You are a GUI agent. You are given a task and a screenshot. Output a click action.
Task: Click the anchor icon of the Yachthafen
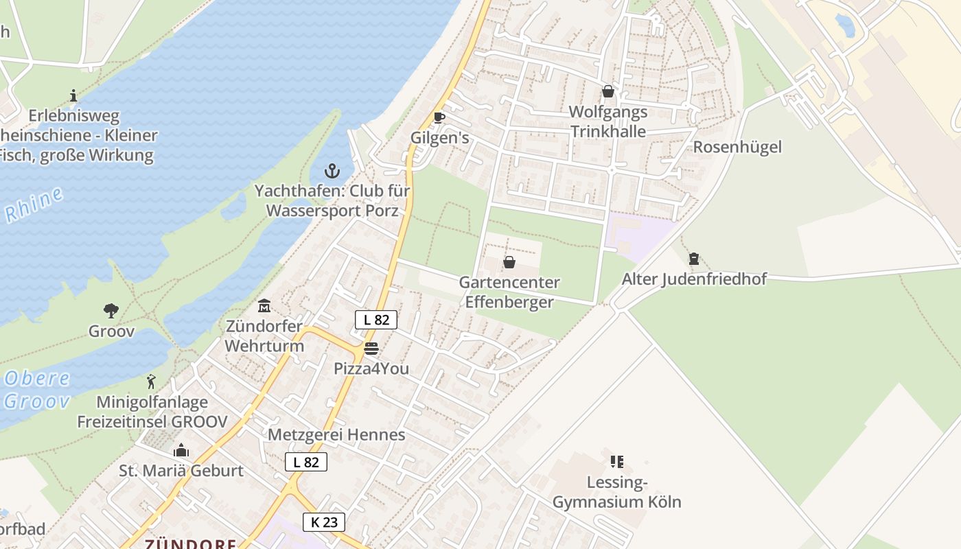pos(332,171)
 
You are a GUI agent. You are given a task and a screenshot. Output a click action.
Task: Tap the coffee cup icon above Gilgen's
pos(439,118)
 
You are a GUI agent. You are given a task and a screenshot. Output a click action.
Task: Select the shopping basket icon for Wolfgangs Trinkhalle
pos(607,91)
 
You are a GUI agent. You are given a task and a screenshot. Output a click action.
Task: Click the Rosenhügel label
pos(737,147)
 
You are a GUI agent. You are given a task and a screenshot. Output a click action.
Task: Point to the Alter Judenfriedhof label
pos(694,279)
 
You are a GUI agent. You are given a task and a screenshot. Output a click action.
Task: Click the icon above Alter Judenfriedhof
pos(693,259)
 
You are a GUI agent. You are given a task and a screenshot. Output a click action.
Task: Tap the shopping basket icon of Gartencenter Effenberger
pos(509,262)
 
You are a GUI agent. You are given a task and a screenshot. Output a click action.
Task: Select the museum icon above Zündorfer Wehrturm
pos(264,305)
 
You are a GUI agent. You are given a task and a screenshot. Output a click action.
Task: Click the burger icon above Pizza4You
pos(371,349)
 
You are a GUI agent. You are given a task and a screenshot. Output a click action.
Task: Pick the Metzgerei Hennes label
pos(336,434)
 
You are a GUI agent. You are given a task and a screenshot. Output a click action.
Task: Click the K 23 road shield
pos(324,522)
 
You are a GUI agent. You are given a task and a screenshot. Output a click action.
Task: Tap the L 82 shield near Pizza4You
pos(376,319)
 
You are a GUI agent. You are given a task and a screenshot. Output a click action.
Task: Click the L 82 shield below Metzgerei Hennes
pos(306,462)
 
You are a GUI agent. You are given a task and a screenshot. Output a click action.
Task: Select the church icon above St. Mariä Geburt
pos(181,451)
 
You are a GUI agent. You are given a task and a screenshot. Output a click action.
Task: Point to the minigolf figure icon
pos(151,382)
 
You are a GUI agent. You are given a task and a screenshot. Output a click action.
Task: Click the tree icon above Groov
pos(111,311)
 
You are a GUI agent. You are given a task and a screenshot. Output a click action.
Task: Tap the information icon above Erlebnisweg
pos(74,95)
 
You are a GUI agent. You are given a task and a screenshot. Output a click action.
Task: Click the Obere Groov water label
pos(37,389)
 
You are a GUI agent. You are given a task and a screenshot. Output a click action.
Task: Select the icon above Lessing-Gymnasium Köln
pos(616,462)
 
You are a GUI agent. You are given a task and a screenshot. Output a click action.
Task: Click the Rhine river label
pos(34,205)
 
